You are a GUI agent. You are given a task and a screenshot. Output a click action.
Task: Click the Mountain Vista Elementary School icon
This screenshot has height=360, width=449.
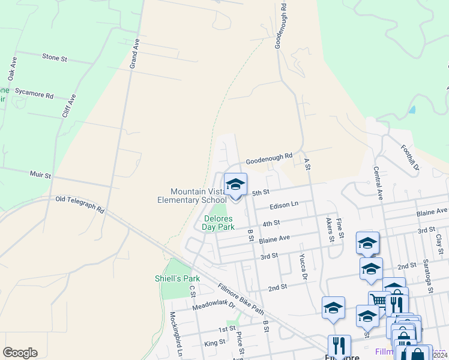pos(235,184)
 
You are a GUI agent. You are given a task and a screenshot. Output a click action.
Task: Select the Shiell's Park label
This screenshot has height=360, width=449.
pos(177,278)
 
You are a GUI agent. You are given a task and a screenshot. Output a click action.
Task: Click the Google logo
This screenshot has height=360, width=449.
pos(20,352)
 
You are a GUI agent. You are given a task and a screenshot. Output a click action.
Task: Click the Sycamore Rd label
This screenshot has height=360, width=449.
pos(34,94)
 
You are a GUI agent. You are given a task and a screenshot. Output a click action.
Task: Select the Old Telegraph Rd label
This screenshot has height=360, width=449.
pos(79,204)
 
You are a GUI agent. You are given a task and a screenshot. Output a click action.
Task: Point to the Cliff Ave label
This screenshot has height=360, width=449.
pos(69,108)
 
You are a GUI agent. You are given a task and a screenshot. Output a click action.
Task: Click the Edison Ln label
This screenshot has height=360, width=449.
pos(284,205)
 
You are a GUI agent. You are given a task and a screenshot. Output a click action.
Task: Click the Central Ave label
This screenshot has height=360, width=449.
pos(378,183)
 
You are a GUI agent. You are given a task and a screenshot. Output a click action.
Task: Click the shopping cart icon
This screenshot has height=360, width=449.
pos(379,300)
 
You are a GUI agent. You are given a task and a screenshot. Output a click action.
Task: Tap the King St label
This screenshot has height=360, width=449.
pos(214,343)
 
